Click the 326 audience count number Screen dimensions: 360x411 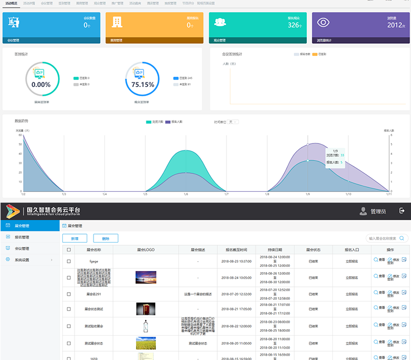pos(294,25)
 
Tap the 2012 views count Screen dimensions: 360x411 pos(395,25)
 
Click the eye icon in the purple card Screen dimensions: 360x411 pos(323,22)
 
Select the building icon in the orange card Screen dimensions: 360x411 pos(117,22)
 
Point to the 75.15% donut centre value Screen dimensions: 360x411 pos(142,84)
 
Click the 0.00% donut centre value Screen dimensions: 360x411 pos(41,84)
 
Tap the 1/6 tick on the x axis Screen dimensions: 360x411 pos(185,194)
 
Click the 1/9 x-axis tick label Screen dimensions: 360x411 pos(308,194)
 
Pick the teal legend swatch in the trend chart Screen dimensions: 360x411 pos(149,122)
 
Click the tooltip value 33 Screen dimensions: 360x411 pos(342,155)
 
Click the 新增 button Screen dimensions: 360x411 pos(74,238)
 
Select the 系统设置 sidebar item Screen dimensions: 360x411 pos(25,260)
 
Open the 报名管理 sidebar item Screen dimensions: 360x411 pos(22,237)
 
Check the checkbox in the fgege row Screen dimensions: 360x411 pos(69,261)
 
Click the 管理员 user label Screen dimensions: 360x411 pos(378,211)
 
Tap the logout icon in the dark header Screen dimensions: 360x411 pos(402,211)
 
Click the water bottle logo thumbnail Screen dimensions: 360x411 pos(145,327)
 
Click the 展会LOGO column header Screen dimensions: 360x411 pos(146,249)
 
